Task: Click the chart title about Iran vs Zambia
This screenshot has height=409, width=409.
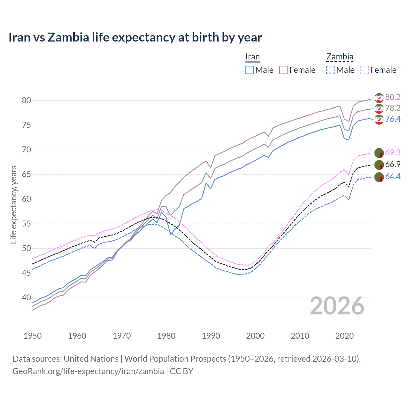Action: click(135, 37)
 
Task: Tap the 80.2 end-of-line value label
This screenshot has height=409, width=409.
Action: click(393, 97)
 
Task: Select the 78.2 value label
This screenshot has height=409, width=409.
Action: click(393, 108)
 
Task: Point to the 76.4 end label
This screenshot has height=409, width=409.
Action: click(393, 119)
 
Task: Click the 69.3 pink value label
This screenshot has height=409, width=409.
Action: click(393, 152)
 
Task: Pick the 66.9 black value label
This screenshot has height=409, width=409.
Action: click(393, 164)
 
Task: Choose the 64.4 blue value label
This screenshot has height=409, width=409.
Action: click(393, 176)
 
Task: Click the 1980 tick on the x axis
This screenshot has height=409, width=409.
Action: click(166, 336)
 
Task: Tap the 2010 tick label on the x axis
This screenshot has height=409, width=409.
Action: click(300, 336)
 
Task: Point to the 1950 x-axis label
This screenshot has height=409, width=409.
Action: click(33, 336)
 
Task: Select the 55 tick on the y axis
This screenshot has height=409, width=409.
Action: click(26, 224)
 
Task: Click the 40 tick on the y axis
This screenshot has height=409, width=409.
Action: click(26, 297)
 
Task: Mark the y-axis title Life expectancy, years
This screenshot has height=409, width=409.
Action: click(13, 204)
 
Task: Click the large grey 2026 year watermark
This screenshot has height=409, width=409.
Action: click(337, 306)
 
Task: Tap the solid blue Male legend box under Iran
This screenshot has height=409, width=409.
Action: click(250, 70)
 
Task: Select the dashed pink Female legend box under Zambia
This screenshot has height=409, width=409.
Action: click(365, 70)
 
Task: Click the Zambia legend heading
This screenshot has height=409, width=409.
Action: click(340, 57)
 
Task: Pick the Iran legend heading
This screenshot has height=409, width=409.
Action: click(252, 57)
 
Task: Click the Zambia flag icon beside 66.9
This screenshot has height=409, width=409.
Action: click(379, 165)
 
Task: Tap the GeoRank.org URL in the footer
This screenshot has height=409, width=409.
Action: click(88, 371)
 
